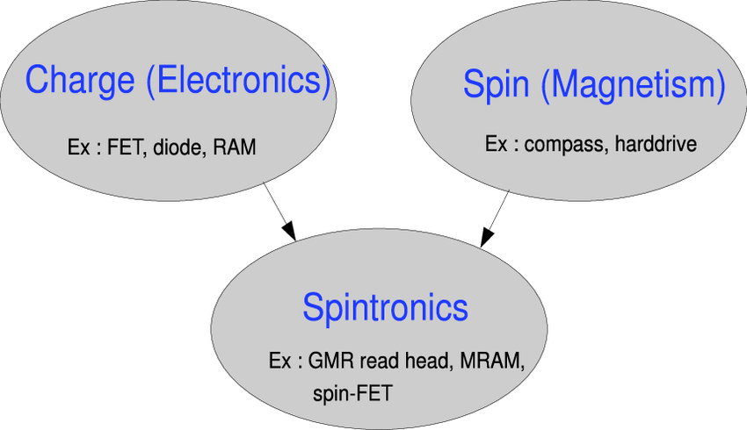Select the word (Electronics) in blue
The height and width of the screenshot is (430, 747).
238,81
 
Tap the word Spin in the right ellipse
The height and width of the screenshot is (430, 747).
496,85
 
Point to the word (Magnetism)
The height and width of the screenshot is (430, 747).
633,86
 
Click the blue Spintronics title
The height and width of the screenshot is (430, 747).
385,308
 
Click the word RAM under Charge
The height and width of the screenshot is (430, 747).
234,147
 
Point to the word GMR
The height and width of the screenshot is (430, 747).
330,362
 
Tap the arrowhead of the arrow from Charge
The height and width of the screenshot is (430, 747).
290,231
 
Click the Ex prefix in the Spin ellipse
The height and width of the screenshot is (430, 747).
496,143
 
